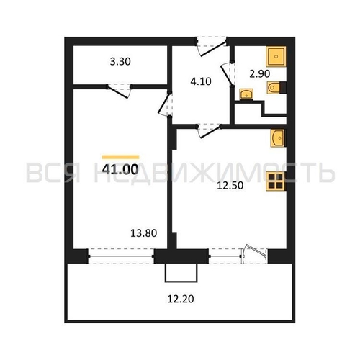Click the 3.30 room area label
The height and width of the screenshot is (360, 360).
[x=120, y=62]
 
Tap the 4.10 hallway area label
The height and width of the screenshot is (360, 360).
[x=201, y=81]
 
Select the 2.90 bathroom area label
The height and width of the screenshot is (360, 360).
[x=260, y=74]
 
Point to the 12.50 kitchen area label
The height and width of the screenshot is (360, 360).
[x=230, y=186]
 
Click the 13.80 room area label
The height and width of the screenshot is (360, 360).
[x=144, y=233]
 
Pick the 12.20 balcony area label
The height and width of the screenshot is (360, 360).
[x=181, y=299]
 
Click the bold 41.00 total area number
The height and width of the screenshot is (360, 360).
[x=120, y=169]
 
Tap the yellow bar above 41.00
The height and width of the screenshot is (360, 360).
[x=120, y=157]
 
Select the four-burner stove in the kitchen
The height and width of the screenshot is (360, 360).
[x=275, y=181]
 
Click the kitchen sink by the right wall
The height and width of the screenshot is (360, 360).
[x=277, y=138]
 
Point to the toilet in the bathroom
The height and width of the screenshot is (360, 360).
[x=274, y=87]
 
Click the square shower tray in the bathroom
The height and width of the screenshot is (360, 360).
[x=276, y=56]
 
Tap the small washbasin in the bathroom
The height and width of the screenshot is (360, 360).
[x=246, y=94]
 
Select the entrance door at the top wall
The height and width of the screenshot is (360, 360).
[x=211, y=46]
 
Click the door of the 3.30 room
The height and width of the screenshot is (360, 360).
[x=119, y=91]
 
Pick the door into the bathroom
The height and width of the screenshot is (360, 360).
[x=228, y=74]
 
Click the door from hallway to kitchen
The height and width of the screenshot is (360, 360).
[x=210, y=131]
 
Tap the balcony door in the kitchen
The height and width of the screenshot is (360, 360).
[x=255, y=254]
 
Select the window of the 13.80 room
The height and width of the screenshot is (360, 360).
[x=121, y=256]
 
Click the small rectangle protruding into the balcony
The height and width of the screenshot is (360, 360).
[x=181, y=273]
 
